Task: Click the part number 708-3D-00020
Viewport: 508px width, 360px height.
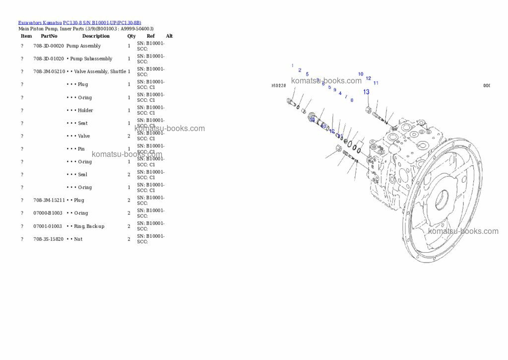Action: click(49, 46)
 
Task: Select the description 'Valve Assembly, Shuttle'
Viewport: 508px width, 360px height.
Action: click(100, 72)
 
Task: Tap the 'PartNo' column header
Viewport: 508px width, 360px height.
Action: click(49, 36)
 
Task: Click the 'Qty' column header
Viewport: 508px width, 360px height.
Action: click(131, 36)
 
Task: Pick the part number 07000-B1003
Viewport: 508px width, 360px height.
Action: click(48, 213)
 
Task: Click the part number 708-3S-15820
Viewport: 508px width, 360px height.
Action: click(49, 239)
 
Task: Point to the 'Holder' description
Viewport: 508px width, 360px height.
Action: click(85, 110)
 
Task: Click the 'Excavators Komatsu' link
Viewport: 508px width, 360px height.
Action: click(40, 22)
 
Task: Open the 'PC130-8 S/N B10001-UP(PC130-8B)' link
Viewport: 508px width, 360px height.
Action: click(102, 22)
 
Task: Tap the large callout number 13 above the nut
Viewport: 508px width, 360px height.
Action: click(366, 92)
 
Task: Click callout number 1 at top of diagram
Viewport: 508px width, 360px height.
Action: click(292, 66)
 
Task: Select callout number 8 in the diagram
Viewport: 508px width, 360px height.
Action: click(352, 100)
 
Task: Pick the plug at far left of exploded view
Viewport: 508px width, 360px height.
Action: click(291, 102)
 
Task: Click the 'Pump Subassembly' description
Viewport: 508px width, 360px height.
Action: click(91, 59)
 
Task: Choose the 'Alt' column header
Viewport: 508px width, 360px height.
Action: click(169, 36)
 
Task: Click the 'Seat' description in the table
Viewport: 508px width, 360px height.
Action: click(82, 123)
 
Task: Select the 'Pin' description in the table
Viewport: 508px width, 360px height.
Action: click(81, 149)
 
